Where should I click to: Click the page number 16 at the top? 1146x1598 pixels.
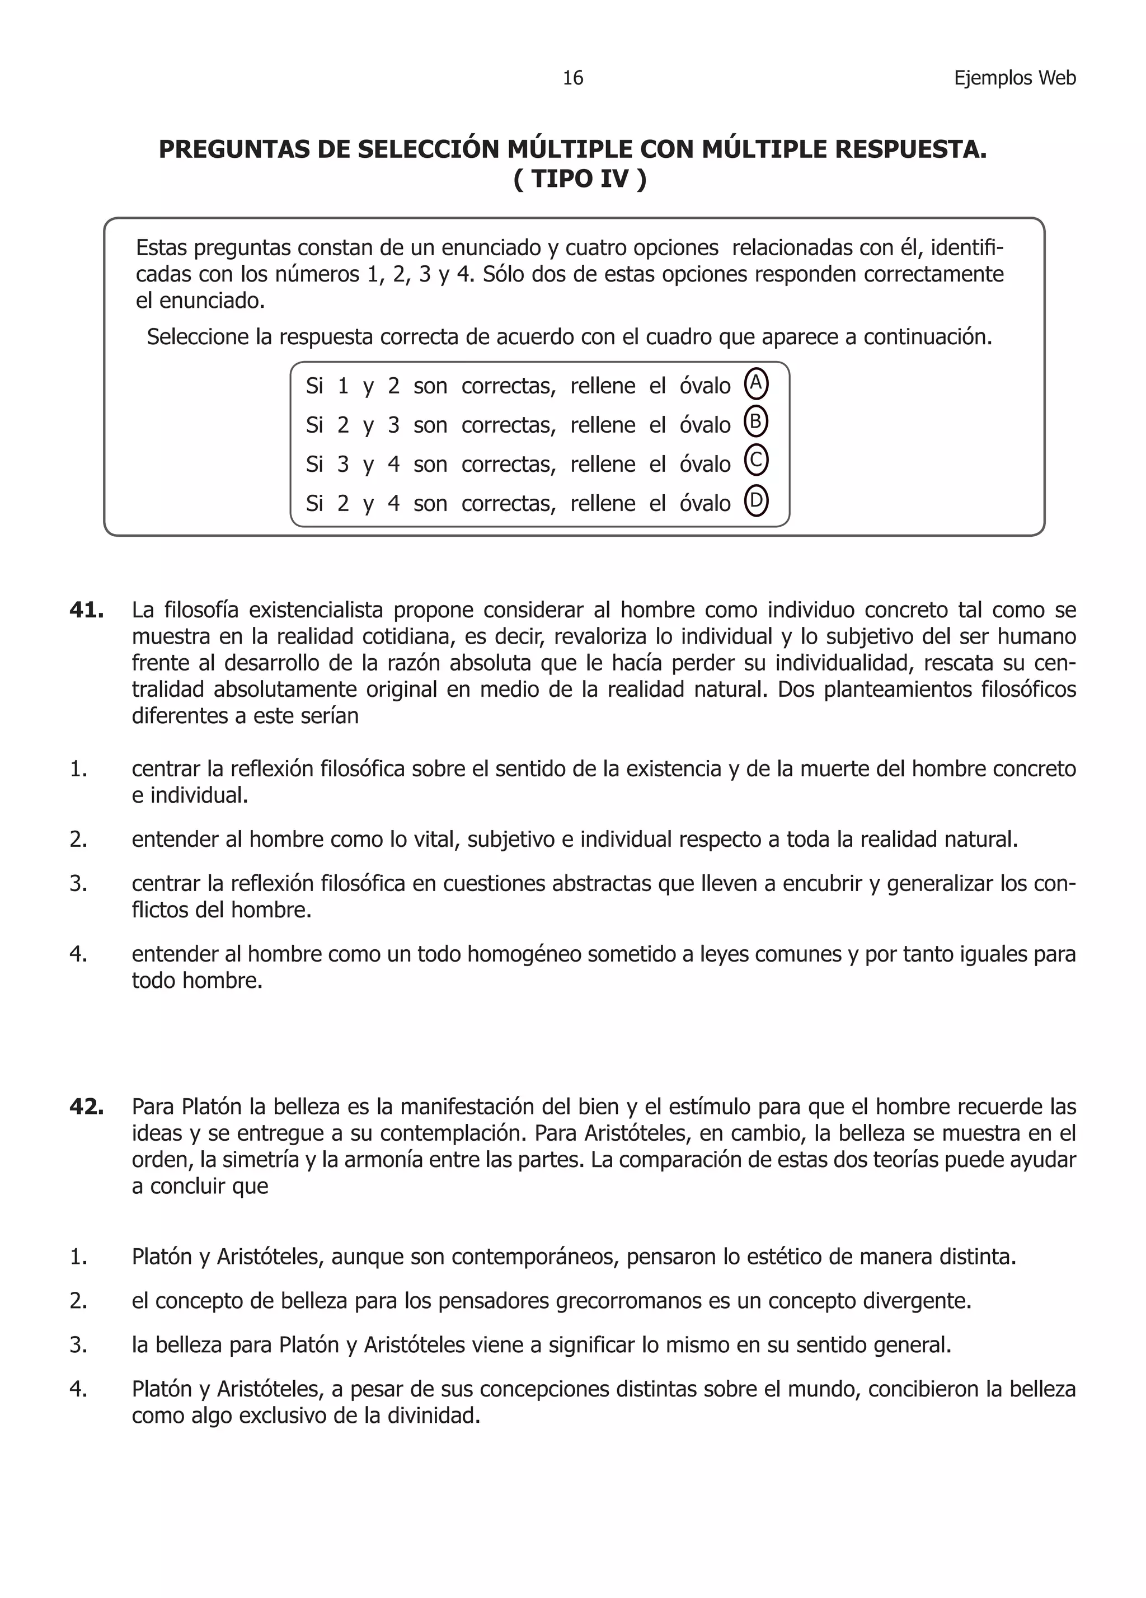572,78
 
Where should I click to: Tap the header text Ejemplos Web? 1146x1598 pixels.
1015,78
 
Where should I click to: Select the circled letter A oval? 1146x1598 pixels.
756,384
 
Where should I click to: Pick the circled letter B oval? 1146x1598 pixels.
756,423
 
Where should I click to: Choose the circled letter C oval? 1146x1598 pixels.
756,462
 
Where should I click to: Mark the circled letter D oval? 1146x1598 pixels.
756,501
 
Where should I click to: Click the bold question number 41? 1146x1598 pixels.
87,610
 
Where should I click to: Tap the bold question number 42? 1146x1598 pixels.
87,1107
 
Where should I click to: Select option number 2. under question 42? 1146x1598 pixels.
78,1301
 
